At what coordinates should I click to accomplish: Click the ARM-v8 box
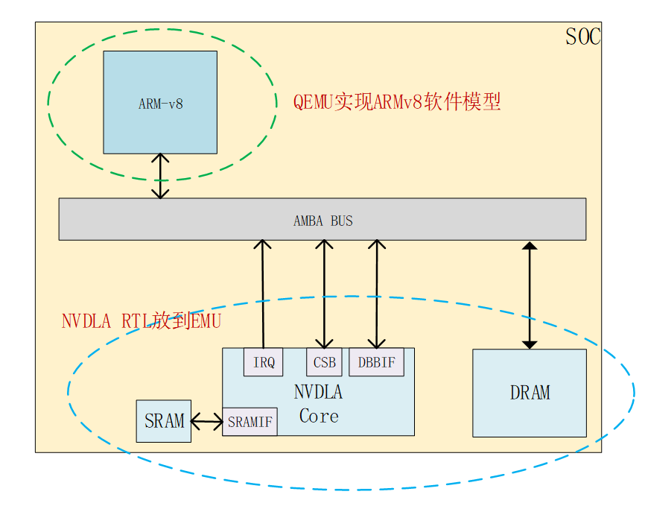click(x=160, y=102)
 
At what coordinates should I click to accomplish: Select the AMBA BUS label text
click(x=322, y=221)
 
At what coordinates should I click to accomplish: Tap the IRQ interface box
click(x=263, y=362)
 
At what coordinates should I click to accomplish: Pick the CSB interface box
click(x=324, y=362)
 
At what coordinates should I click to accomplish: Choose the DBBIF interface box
click(x=376, y=362)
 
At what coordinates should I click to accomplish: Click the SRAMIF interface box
click(x=250, y=422)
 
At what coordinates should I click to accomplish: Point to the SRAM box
click(x=164, y=421)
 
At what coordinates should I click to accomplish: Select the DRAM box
click(x=530, y=393)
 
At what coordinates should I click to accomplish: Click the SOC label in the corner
click(x=582, y=37)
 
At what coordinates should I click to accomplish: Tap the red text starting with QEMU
click(x=396, y=101)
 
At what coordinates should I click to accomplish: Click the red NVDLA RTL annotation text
click(x=142, y=322)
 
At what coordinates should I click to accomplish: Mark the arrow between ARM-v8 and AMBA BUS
click(x=160, y=176)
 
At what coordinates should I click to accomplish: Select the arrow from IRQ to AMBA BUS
click(x=263, y=294)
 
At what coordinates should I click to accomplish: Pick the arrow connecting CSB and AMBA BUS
click(x=324, y=294)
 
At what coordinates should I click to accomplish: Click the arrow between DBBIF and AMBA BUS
click(x=377, y=294)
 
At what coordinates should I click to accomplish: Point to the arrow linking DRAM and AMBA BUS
click(x=530, y=295)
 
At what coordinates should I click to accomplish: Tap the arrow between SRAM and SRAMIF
click(x=207, y=422)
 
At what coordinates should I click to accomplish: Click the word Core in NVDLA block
click(x=319, y=417)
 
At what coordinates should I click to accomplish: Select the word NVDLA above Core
click(x=319, y=392)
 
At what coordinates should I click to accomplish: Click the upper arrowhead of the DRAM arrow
click(x=530, y=246)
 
